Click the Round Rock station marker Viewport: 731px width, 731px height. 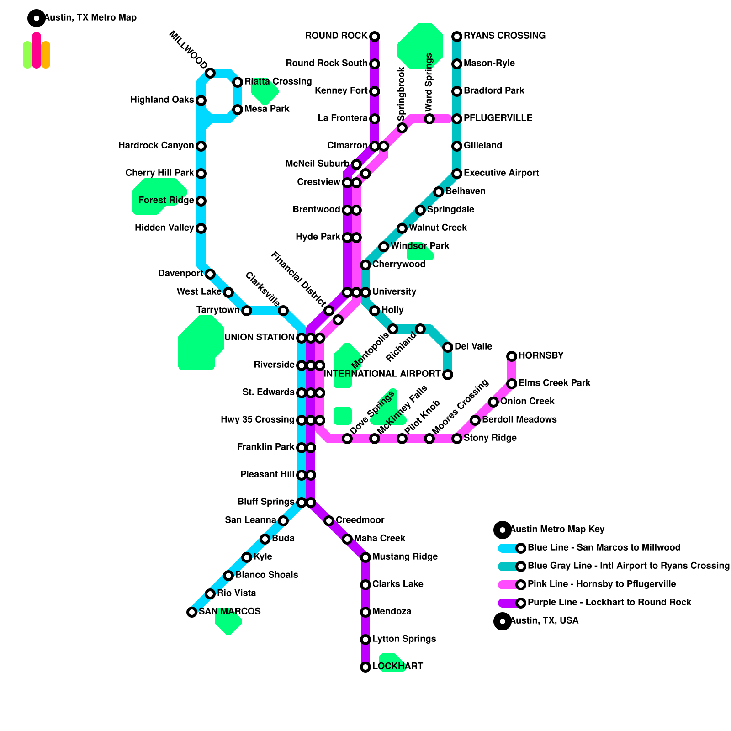[x=375, y=36]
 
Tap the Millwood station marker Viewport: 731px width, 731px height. [x=210, y=73]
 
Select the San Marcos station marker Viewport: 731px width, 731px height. [x=192, y=612]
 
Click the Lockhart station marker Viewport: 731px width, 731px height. [x=365, y=667]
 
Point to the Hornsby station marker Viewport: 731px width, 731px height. [x=512, y=356]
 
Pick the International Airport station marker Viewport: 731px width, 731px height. [x=448, y=375]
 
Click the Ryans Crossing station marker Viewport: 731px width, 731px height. [x=457, y=36]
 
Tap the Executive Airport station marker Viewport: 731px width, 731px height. [x=457, y=174]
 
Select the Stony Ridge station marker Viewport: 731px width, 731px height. [x=457, y=439]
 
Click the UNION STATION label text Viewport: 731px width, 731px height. [x=259, y=338]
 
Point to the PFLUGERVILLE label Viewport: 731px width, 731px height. [x=498, y=118]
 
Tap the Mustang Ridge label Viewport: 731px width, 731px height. [x=405, y=557]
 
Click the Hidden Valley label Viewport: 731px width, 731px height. [x=164, y=228]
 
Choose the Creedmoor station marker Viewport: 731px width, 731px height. [x=329, y=521]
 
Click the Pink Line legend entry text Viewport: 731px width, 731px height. [x=602, y=584]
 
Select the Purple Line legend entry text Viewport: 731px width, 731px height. [x=609, y=603]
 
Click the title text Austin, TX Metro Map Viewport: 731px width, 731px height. [x=90, y=18]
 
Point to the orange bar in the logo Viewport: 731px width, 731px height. [x=46, y=55]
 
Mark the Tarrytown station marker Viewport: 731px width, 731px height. [x=247, y=311]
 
